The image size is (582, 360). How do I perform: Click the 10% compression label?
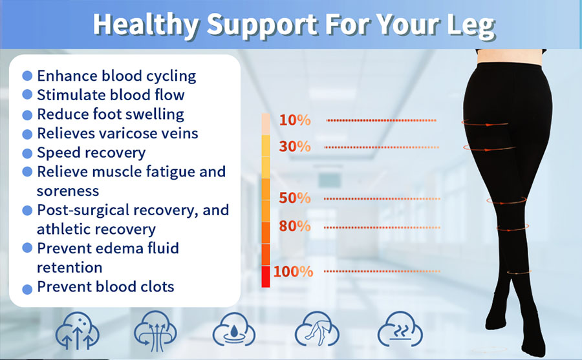click(x=295, y=120)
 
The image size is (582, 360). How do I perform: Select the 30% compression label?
click(x=295, y=147)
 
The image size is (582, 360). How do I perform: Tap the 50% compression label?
click(x=295, y=198)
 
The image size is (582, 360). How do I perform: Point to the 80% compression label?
click(x=295, y=226)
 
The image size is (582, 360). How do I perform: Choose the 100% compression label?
click(x=293, y=271)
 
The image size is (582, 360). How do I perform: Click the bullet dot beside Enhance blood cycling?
click(x=27, y=76)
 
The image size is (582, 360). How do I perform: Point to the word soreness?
click(x=68, y=191)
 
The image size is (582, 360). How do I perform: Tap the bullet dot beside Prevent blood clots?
click(x=27, y=289)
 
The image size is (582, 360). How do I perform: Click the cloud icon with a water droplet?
click(x=234, y=330)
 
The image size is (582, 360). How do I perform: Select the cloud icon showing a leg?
click(x=317, y=330)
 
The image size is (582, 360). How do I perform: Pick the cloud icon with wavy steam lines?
click(x=400, y=330)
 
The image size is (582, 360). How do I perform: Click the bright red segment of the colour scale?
click(x=266, y=277)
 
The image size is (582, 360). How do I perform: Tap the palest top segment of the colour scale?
click(x=266, y=124)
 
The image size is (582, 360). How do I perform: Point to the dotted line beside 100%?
click(x=382, y=271)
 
